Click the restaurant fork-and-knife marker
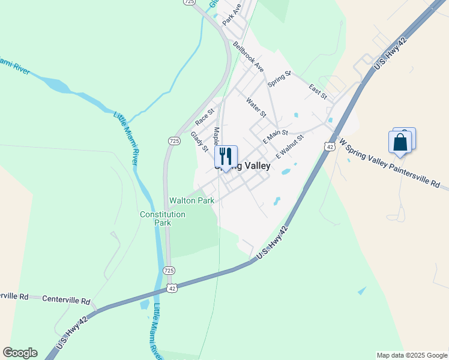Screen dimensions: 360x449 pos(226,157)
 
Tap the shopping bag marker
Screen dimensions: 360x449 pos(400,143)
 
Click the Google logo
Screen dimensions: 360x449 pos(20,353)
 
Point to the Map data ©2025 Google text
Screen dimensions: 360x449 pos(412,355)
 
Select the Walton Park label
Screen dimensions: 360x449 pos(191,201)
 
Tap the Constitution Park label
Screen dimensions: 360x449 pos(162,218)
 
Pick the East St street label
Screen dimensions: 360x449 pos(318,92)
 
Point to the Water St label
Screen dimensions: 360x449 pos(256,107)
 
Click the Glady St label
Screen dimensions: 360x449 pos(199,142)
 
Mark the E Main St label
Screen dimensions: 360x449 pos(276,136)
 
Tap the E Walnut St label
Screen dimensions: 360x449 pos(290,146)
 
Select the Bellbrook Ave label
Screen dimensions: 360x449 pos(249,56)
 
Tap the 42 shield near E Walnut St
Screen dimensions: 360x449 pos(328,146)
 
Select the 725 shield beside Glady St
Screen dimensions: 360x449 pos(173,140)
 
